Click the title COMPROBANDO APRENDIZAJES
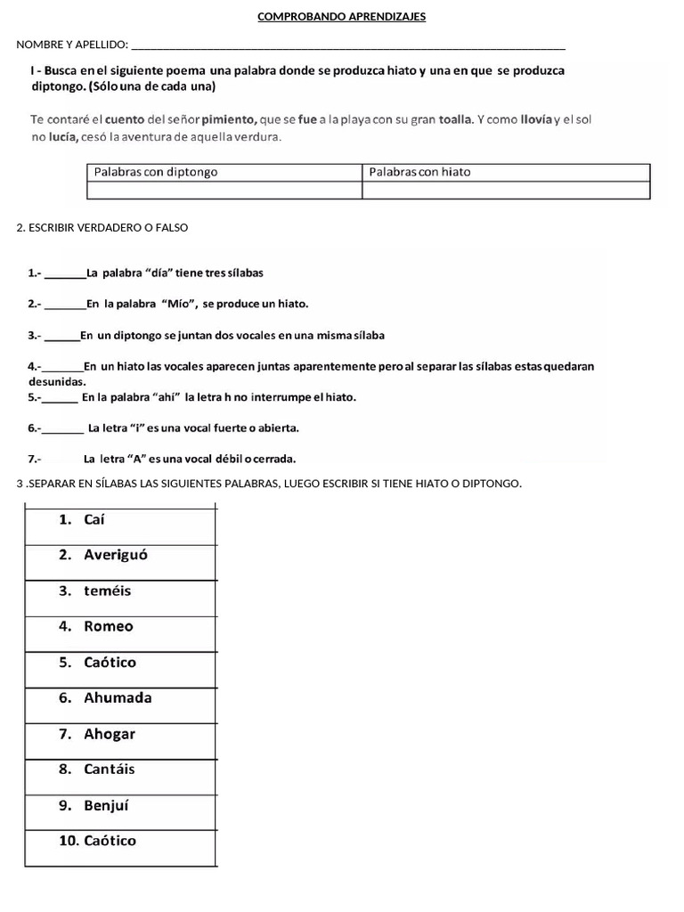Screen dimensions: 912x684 click(341, 17)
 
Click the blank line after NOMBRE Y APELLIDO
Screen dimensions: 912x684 click(347, 45)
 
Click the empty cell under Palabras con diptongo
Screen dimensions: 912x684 click(224, 190)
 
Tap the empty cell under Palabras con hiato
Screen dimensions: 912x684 click(506, 190)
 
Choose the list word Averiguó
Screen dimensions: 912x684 click(116, 555)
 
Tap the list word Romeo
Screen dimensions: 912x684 click(109, 626)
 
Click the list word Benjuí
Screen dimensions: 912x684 click(107, 805)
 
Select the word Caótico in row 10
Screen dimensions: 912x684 click(110, 841)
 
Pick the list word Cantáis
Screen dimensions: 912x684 click(110, 769)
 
